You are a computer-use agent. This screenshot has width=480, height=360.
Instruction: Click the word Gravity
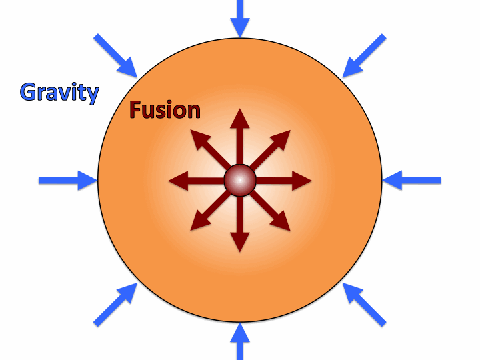click(x=59, y=91)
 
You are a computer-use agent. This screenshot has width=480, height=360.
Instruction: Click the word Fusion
click(x=165, y=109)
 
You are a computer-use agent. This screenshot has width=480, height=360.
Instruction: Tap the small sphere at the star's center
click(x=240, y=180)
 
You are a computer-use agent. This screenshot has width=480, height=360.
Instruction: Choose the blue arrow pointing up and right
click(x=116, y=304)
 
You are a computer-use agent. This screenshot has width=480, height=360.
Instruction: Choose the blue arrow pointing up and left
click(x=364, y=304)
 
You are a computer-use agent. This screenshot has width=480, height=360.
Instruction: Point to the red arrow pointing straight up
click(x=240, y=133)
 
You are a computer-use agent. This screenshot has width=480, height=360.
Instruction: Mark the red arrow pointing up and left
click(x=206, y=145)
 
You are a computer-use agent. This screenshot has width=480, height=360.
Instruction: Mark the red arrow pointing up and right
click(x=275, y=145)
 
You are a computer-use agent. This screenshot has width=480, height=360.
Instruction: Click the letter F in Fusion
click(x=135, y=109)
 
